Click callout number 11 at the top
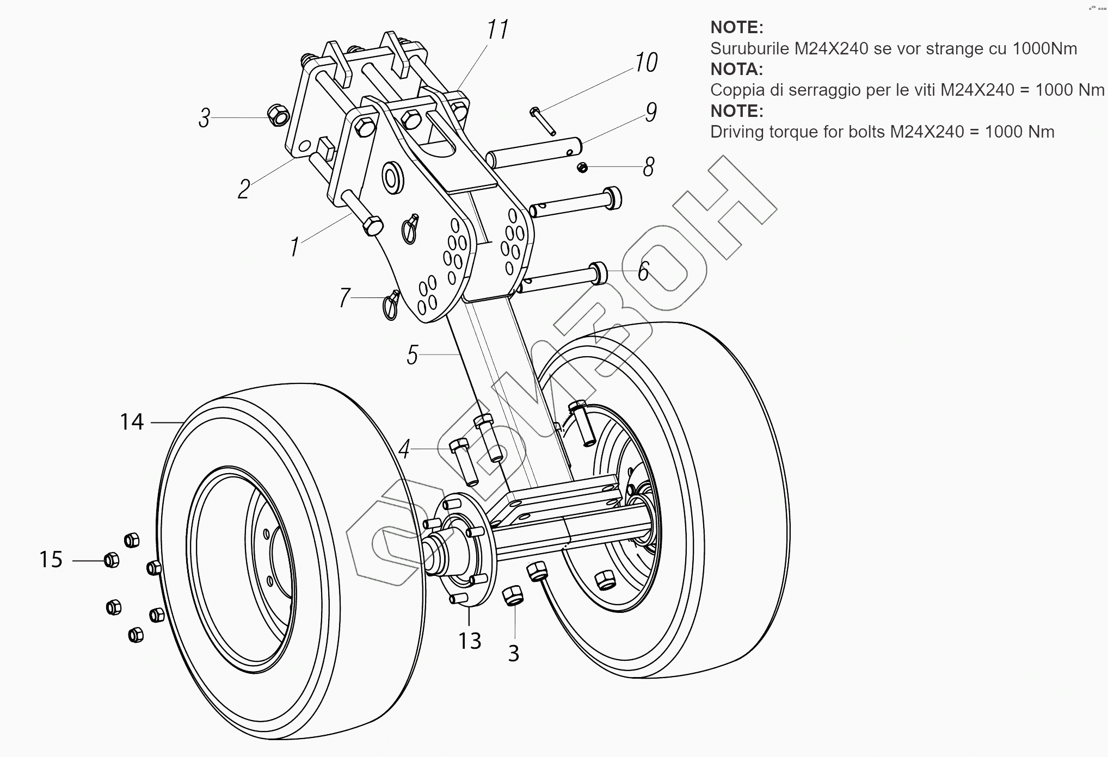[497, 29]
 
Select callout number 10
[646, 63]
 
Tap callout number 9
[651, 112]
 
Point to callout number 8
[648, 167]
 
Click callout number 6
[643, 271]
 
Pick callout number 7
[344, 298]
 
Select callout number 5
[412, 355]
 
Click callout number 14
[132, 421]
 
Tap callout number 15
[51, 560]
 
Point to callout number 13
[469, 641]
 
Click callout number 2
[244, 189]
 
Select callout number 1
[294, 247]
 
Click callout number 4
[404, 450]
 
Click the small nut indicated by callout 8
[582, 167]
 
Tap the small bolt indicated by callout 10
[543, 121]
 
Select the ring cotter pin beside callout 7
[391, 306]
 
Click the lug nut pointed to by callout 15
[111, 560]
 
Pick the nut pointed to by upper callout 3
[279, 115]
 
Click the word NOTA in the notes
[737, 69]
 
